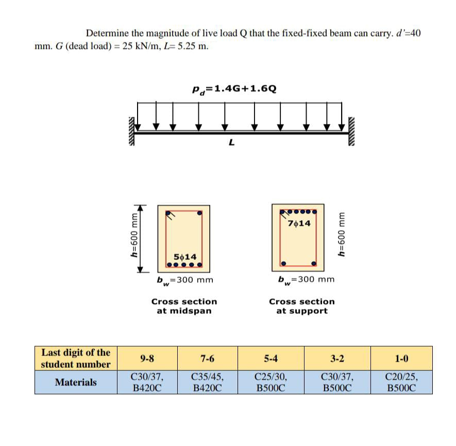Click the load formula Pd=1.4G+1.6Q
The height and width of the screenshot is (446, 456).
[234, 88]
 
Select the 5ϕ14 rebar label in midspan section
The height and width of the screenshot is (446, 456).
[184, 256]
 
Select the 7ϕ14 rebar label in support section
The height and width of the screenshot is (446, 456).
[299, 223]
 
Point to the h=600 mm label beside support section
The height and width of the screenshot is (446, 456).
[341, 235]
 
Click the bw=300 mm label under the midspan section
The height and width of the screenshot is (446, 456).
[185, 280]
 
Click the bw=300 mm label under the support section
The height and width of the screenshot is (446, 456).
[306, 280]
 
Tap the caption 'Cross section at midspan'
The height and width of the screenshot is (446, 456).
[184, 306]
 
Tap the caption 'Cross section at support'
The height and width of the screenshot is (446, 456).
[301, 306]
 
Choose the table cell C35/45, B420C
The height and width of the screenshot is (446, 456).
[207, 382]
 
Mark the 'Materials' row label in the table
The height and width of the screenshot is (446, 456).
[76, 382]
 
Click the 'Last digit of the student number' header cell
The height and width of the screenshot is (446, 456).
[76, 359]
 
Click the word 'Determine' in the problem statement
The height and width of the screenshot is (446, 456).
[107, 33]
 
